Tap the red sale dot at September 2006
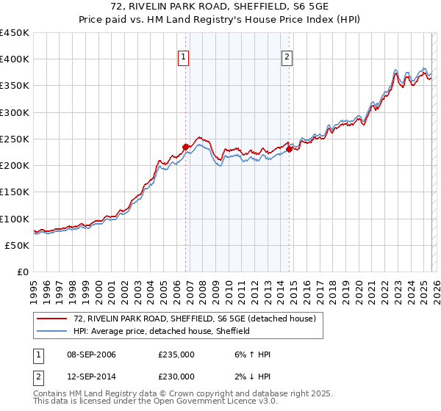pos(185,147)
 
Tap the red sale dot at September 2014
pos(290,150)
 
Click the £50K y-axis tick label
pos(18,245)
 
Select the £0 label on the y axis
pos(23,272)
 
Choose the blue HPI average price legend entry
pos(162,331)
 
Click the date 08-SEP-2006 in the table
pos(89,354)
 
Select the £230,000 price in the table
pos(176,376)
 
